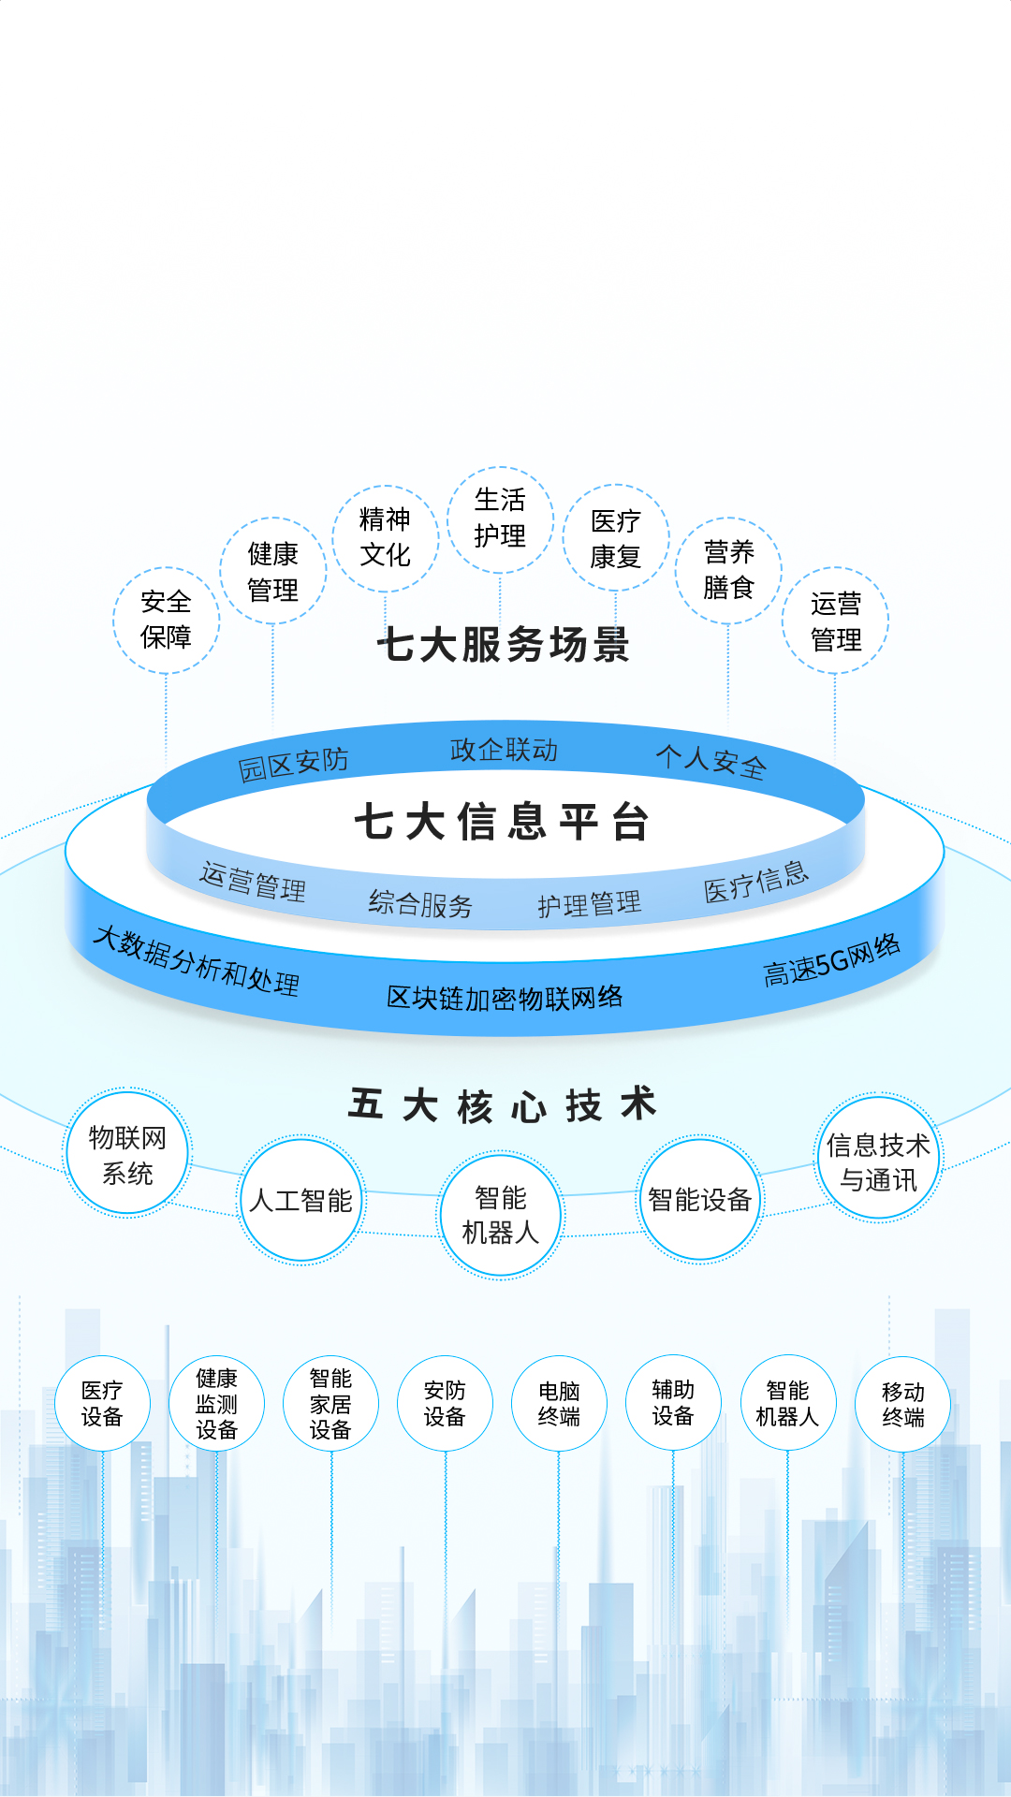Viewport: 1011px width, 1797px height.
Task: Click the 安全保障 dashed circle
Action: click(x=166, y=620)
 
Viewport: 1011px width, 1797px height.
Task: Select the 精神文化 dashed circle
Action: click(x=385, y=537)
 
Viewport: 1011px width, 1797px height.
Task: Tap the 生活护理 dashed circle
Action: click(x=500, y=519)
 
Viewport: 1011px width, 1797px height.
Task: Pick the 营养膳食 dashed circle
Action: click(x=728, y=569)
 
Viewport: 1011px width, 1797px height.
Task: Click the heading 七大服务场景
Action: click(x=504, y=645)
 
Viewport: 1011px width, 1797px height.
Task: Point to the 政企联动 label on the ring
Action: click(x=504, y=750)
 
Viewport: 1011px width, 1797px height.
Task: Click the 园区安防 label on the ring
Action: click(x=293, y=765)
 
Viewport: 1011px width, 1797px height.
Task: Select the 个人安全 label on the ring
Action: click(x=711, y=761)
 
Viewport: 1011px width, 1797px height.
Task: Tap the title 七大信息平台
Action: click(x=502, y=823)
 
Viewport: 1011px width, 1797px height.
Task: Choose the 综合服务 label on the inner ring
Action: click(x=420, y=904)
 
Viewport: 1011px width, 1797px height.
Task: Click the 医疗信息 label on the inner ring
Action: click(x=755, y=882)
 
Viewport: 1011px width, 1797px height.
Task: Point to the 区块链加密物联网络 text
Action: click(x=505, y=998)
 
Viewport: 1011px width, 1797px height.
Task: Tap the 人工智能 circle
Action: click(x=300, y=1200)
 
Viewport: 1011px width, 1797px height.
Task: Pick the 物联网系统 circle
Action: click(x=127, y=1154)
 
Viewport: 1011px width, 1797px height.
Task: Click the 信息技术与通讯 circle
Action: click(x=878, y=1161)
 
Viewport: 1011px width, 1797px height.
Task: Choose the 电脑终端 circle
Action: click(x=559, y=1403)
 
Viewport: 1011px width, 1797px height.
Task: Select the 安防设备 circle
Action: click(x=445, y=1403)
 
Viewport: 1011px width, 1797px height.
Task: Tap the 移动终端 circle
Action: click(x=902, y=1404)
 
